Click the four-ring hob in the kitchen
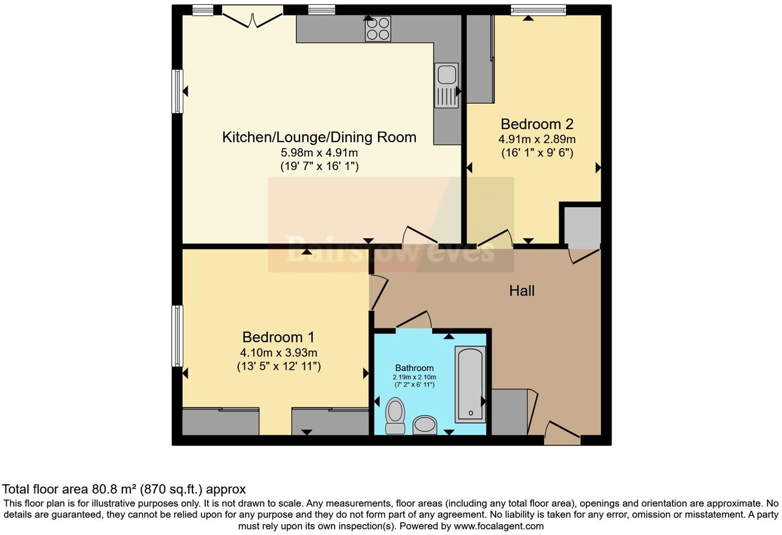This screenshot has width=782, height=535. [x=378, y=28]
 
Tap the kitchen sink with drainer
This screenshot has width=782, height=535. [x=446, y=85]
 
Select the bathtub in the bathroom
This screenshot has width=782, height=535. [x=470, y=384]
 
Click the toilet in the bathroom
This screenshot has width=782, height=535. [x=395, y=415]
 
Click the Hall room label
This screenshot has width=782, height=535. [x=522, y=291]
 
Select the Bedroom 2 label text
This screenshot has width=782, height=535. [x=537, y=124]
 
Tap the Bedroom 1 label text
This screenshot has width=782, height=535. [x=278, y=337]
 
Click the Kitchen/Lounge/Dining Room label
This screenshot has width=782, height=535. [x=319, y=137]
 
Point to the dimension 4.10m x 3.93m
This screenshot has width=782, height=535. [x=278, y=353]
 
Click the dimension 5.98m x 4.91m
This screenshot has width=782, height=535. [x=319, y=153]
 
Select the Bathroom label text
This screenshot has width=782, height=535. [x=414, y=368]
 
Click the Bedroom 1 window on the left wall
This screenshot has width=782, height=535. [x=177, y=336]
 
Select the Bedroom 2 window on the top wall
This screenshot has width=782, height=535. [x=538, y=9]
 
